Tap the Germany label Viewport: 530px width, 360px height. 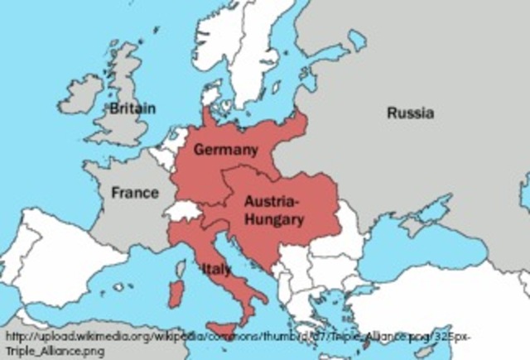pyautogui.click(x=225, y=149)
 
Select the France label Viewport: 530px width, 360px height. pyautogui.click(x=135, y=193)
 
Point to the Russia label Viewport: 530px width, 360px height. pyautogui.click(x=410, y=113)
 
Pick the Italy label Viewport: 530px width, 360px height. pyautogui.click(x=215, y=269)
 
